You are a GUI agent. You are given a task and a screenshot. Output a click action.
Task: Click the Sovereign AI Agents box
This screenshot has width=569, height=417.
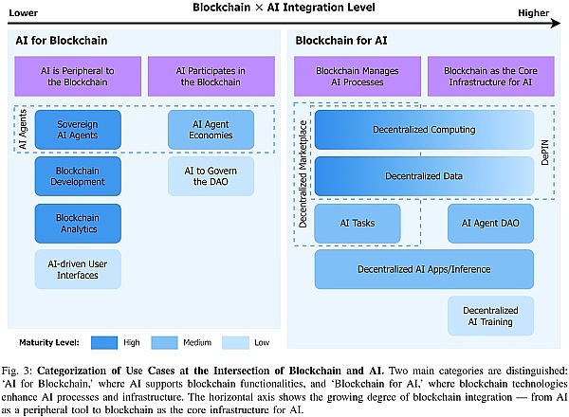click(x=78, y=129)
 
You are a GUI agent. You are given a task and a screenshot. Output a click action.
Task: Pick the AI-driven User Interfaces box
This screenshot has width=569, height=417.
click(x=78, y=269)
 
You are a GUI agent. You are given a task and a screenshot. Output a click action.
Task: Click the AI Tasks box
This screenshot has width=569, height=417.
click(x=358, y=223)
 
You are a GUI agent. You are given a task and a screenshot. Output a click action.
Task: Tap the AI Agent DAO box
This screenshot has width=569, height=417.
click(x=490, y=223)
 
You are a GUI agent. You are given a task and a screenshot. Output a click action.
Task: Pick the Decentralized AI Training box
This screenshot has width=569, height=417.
click(x=490, y=316)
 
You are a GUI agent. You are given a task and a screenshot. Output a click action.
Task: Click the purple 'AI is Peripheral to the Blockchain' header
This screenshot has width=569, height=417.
click(x=78, y=72)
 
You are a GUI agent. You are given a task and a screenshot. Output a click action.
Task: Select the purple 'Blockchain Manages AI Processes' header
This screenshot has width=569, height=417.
click(x=358, y=72)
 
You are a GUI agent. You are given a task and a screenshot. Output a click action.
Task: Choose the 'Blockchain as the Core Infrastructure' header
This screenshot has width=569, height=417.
click(x=490, y=72)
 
